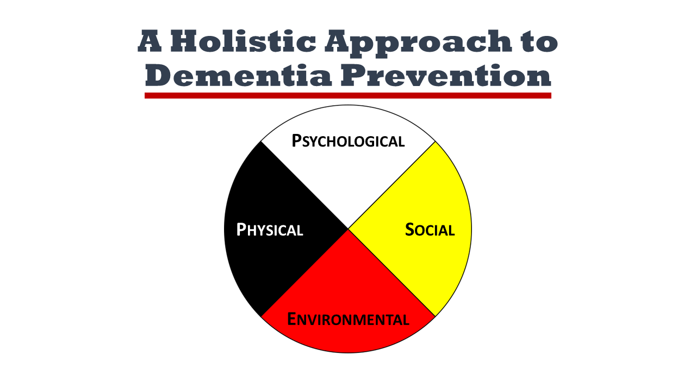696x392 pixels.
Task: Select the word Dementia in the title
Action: pos(239,76)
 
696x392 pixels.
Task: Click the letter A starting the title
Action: pos(151,42)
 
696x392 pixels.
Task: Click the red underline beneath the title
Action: pos(348,95)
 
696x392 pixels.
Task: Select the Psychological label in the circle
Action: pos(348,141)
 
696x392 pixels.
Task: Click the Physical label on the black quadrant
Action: pos(270,230)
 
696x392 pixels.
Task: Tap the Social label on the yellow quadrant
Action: pos(430,230)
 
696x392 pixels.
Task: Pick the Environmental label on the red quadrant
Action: pos(348,318)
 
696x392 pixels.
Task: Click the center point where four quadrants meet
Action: pos(348,229)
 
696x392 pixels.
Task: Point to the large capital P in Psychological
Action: pos(297,140)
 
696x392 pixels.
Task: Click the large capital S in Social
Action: pos(411,230)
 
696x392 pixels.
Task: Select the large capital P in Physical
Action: pos(241,230)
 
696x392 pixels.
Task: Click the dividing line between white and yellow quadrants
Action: pos(391,185)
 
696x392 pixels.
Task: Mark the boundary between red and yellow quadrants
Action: pos(391,272)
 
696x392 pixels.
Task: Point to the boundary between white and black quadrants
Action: pos(304,185)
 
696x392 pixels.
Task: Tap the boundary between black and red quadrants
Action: pos(304,272)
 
